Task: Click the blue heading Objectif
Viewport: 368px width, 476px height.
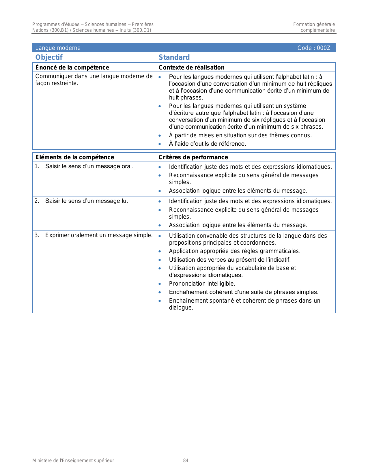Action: point(49,57)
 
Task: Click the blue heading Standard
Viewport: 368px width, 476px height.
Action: point(174,57)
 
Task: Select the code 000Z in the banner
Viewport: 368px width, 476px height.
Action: point(323,48)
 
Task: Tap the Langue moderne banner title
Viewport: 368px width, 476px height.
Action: point(58,48)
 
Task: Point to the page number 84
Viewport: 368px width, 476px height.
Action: point(186,461)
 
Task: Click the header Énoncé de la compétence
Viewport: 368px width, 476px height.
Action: point(72,68)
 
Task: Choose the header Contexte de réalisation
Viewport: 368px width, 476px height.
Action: point(191,68)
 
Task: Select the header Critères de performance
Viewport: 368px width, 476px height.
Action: point(193,157)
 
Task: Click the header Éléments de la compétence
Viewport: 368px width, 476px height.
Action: point(74,157)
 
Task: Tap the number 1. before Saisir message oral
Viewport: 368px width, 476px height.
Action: point(37,166)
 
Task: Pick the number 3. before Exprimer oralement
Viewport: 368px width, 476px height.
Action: point(37,235)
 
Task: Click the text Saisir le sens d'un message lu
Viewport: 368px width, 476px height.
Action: point(86,201)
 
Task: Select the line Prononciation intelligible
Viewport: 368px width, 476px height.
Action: point(202,284)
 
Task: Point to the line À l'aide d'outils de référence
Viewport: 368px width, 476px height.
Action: point(207,144)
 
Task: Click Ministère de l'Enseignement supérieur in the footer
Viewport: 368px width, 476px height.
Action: point(73,461)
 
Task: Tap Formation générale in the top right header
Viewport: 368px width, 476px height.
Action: point(314,25)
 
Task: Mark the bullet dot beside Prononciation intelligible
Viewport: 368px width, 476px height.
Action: point(160,284)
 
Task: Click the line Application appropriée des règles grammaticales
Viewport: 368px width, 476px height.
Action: point(235,251)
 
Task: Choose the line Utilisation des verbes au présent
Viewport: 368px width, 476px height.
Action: point(230,260)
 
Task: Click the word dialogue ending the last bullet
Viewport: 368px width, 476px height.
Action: point(181,308)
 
